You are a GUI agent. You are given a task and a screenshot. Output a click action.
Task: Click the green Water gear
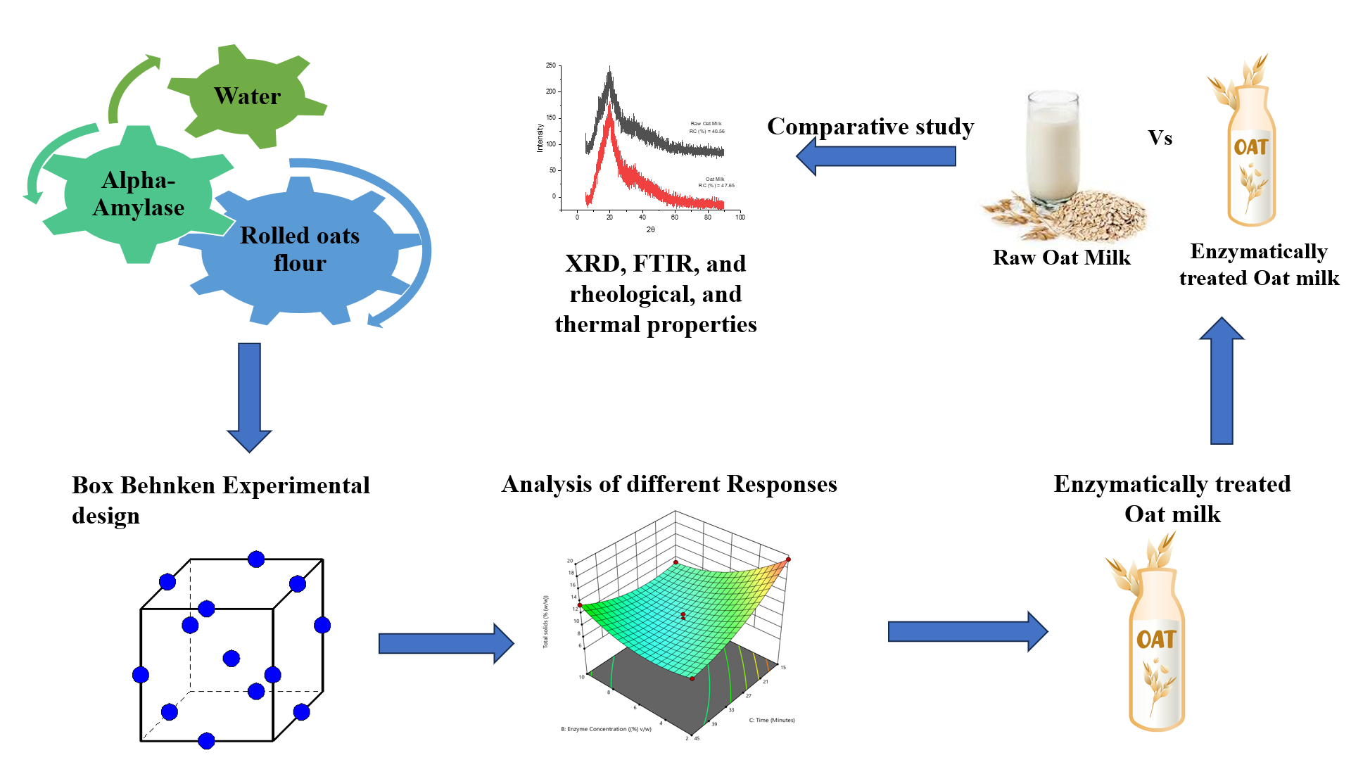(247, 96)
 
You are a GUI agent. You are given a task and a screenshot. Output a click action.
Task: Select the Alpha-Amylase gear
(138, 194)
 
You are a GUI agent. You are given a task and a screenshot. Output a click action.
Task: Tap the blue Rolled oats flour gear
(300, 249)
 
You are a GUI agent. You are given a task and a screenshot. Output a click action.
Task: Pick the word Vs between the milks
(1160, 138)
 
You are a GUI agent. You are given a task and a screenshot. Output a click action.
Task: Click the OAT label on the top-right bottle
(1250, 147)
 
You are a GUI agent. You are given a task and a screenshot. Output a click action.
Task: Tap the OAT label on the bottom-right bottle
(1155, 639)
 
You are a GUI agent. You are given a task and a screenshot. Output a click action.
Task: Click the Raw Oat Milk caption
(1061, 258)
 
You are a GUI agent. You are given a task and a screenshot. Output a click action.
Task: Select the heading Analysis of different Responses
(668, 484)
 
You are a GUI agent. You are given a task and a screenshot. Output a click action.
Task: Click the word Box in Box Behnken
(93, 486)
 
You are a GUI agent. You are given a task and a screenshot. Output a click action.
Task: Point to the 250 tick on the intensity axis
(550, 65)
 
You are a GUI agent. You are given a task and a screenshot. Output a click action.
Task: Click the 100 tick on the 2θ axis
(740, 217)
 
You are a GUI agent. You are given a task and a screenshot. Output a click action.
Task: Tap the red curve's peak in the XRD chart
(609, 120)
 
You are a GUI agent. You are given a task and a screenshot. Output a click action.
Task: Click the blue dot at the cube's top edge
(256, 559)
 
